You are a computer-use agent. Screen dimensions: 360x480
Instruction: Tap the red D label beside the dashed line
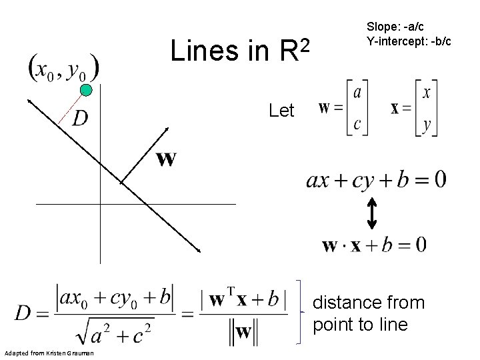79,119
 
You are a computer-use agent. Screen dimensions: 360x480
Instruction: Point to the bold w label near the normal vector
166,159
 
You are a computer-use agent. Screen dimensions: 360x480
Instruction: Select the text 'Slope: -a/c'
393,27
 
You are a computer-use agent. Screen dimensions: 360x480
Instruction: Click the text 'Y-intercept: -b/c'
409,41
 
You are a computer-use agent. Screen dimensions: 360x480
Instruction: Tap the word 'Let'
281,111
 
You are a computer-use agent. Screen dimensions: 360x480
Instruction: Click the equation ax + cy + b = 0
376,179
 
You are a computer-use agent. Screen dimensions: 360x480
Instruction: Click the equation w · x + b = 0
374,245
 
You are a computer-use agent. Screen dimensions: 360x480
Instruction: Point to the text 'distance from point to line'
368,314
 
